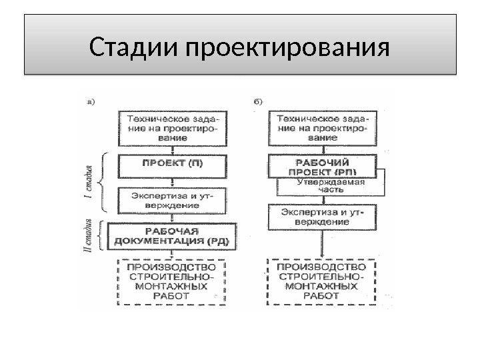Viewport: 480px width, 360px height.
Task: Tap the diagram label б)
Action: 259,101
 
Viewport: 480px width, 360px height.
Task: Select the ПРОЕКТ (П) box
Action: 172,163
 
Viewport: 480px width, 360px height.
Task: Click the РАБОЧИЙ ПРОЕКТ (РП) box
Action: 322,166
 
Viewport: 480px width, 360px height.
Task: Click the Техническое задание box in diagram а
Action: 172,125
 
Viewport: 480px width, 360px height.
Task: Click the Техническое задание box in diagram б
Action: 322,125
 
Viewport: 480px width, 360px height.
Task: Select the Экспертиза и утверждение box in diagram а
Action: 172,199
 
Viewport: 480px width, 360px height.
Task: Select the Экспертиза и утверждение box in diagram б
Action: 322,217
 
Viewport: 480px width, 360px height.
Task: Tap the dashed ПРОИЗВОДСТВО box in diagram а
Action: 172,282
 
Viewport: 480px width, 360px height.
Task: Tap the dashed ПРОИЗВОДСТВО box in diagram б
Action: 322,282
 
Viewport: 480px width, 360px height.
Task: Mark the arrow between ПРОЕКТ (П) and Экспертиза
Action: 172,180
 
